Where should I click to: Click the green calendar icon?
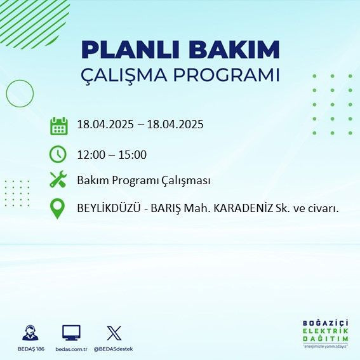58,125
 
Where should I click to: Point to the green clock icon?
58,154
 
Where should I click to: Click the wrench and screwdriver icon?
58,180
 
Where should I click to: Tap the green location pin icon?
58,209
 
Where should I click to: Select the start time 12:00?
90,154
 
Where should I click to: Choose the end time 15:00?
133,154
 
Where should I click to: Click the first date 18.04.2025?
103,124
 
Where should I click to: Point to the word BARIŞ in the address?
171,208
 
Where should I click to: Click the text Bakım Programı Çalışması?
143,180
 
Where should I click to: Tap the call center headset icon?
30,333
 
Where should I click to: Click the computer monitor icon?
71,333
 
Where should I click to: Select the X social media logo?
114,333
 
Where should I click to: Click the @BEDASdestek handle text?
114,349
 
